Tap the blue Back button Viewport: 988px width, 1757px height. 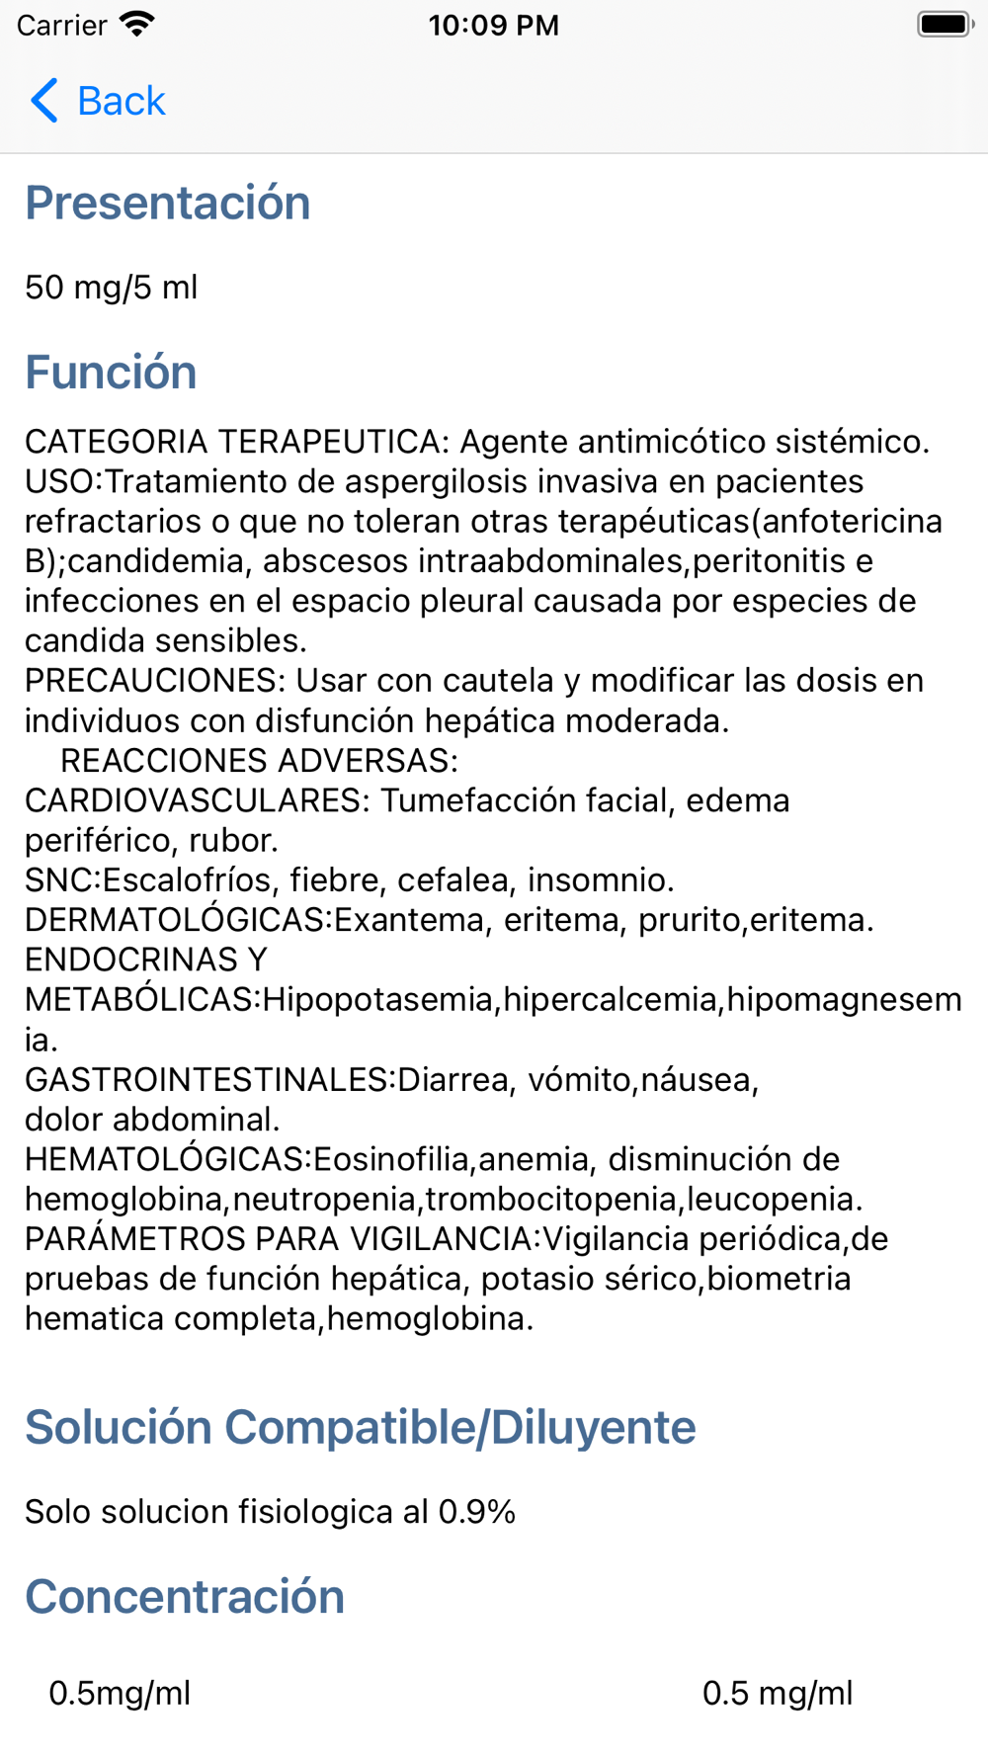coord(98,101)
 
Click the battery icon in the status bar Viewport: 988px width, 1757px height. coord(945,25)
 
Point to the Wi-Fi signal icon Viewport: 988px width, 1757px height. coord(136,24)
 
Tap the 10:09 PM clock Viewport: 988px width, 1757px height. coord(494,25)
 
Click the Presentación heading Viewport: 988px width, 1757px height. coord(168,203)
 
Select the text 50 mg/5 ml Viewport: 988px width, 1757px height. coord(112,288)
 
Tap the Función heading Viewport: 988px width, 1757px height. coord(111,373)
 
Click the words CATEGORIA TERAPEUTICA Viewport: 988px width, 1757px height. coord(237,442)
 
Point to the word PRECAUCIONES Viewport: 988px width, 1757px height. coord(154,681)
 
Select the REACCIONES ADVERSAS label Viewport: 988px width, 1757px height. coord(260,761)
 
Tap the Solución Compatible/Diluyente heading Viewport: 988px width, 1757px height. coord(361,1428)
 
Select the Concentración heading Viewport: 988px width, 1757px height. coord(185,1597)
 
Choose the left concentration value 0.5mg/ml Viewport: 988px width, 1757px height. coord(120,1693)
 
